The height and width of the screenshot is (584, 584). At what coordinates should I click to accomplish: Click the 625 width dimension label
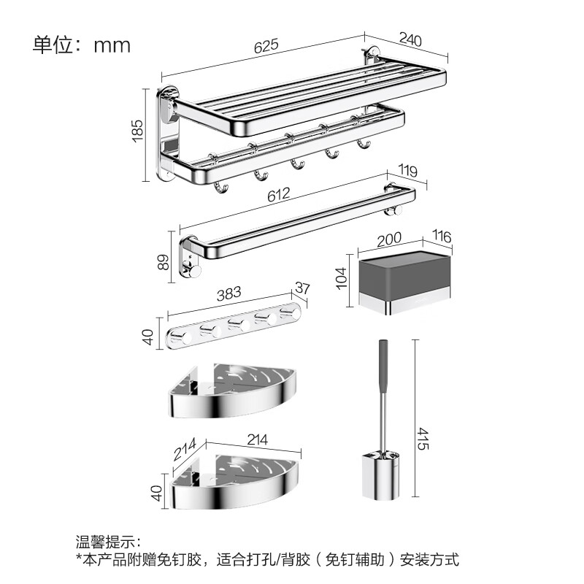pyautogui.click(x=266, y=45)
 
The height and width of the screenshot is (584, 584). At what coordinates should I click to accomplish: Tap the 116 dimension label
pyautogui.click(x=441, y=237)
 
